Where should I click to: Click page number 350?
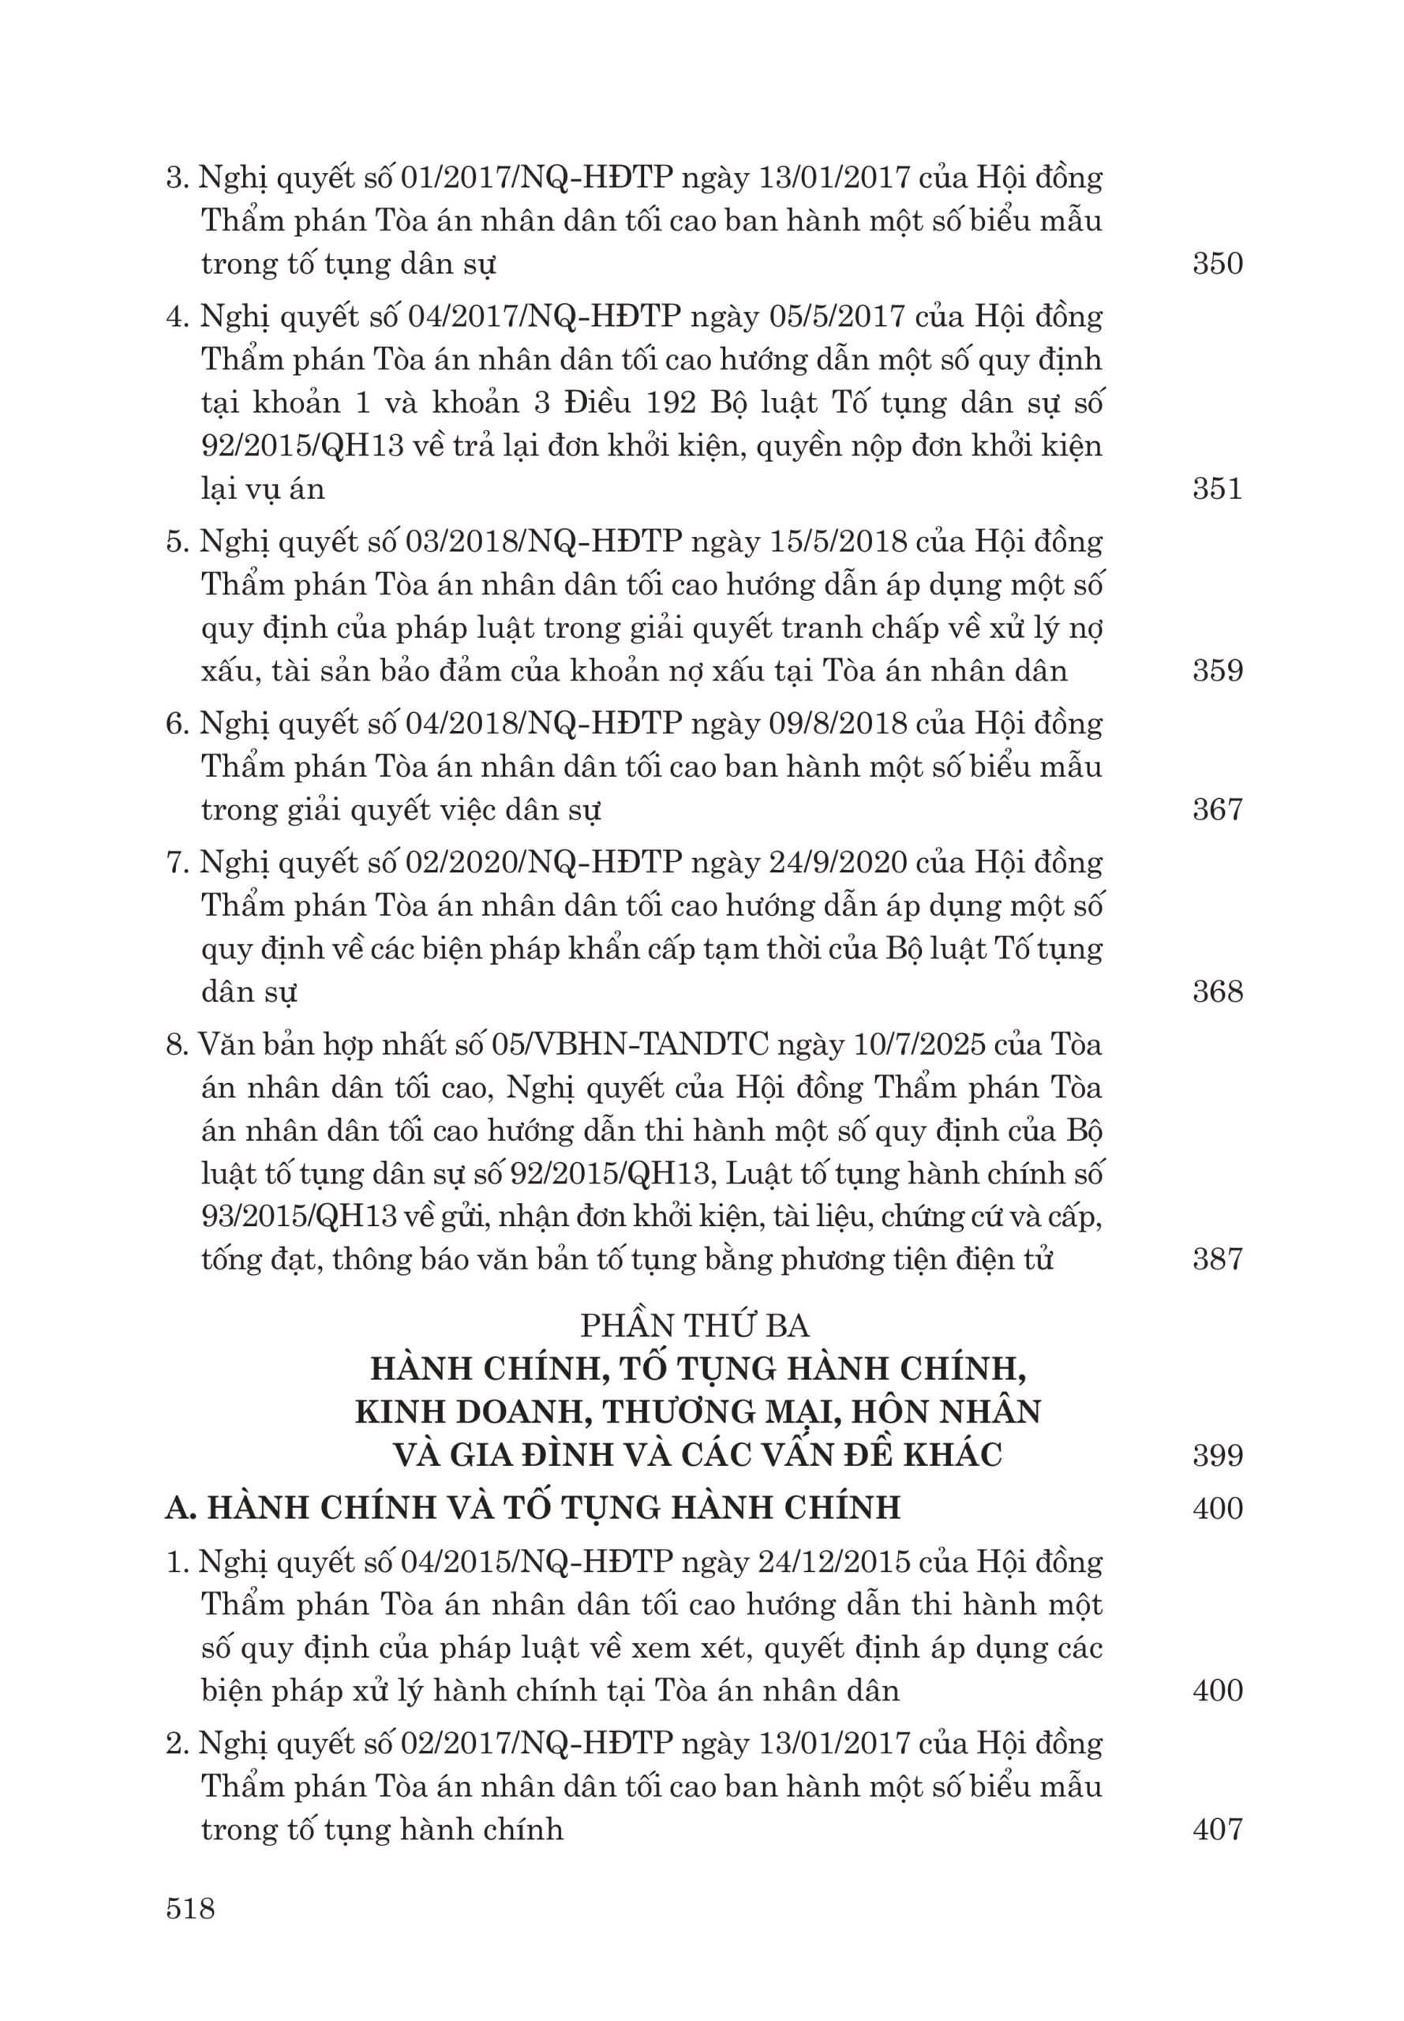1218,264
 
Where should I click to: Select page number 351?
1218,489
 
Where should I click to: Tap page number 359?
1218,670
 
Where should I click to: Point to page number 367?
1218,808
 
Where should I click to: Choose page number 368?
1218,992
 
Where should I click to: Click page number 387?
1218,1259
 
